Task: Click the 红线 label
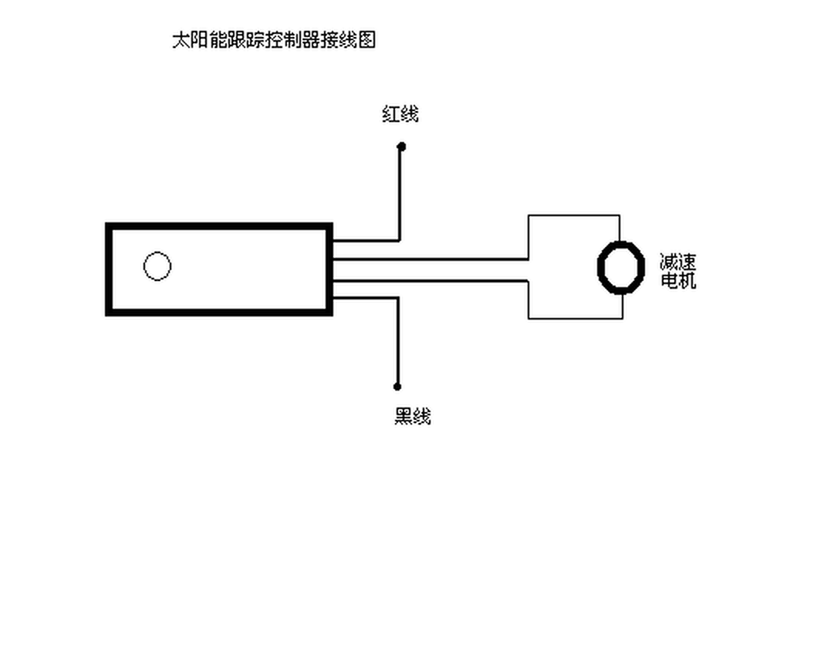tap(400, 115)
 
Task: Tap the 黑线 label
tap(412, 417)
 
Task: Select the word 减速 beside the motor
tap(678, 262)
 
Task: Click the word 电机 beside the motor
tap(678, 280)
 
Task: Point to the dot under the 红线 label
tap(400, 146)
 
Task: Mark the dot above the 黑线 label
tap(397, 386)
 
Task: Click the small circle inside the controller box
tap(157, 266)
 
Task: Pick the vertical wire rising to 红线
tap(400, 193)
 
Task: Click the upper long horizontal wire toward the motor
tap(432, 259)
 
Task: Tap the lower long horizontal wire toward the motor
tap(432, 280)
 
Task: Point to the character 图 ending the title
tap(367, 40)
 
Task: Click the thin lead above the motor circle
tap(620, 228)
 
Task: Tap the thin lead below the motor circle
tap(622, 306)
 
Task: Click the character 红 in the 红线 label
tap(390, 115)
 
